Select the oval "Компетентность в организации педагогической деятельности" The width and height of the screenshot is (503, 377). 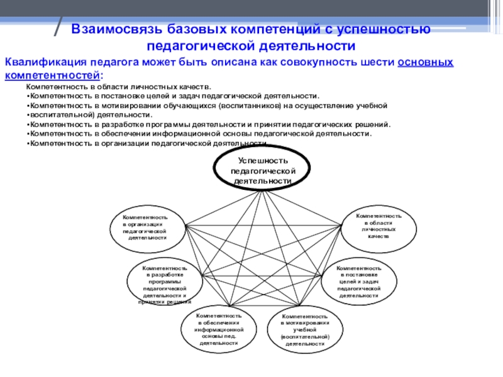tap(149, 227)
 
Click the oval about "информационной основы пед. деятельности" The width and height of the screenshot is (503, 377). tap(219, 329)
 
